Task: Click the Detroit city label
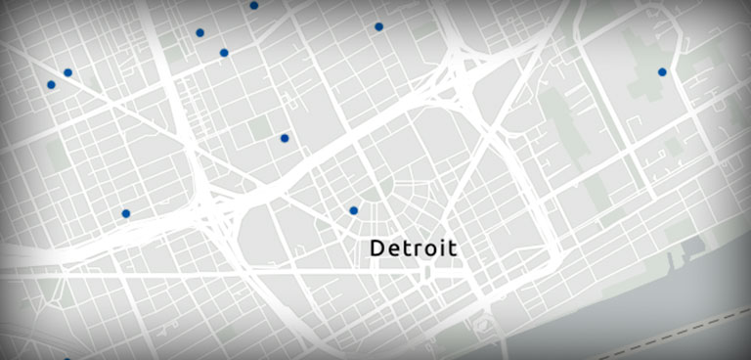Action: tap(414, 248)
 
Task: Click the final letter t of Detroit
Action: tap(453, 248)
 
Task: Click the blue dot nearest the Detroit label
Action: tap(354, 210)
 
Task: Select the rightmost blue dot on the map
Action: tap(662, 71)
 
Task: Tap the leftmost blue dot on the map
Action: tap(51, 85)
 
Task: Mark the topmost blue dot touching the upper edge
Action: tap(254, 5)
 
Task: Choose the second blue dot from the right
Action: tap(378, 26)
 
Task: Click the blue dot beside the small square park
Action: tap(285, 139)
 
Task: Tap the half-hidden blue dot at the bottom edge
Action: tap(66, 358)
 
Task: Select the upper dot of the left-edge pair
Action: tap(67, 72)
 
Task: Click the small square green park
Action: tap(260, 127)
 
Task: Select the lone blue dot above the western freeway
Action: tap(126, 213)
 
